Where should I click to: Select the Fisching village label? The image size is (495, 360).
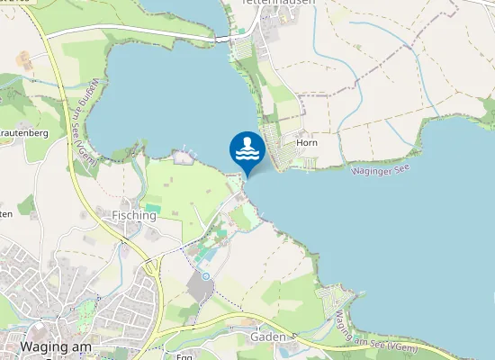coord(134,216)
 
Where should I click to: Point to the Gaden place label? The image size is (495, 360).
coord(269,337)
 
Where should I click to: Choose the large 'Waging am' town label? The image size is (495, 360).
coord(55,346)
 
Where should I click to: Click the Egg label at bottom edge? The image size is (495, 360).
coord(184,356)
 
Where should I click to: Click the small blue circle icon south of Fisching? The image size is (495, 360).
coord(206,275)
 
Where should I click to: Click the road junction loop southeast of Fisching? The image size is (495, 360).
coord(149,266)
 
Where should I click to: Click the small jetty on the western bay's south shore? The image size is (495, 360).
coord(184,157)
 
